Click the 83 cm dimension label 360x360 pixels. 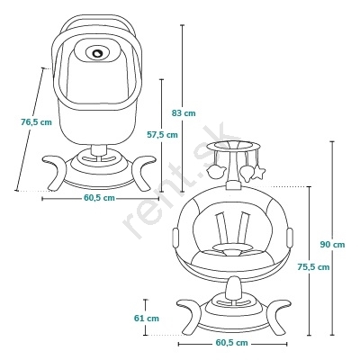click(184, 113)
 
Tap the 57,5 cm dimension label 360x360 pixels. click(162, 135)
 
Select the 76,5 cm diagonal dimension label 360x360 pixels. click(36, 122)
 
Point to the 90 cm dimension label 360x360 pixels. click(332, 245)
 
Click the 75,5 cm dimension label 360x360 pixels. click(313, 266)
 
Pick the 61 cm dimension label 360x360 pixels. click(147, 319)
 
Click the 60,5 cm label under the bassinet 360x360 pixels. click(99, 198)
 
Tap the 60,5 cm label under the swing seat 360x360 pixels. click(232, 343)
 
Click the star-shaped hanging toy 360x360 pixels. click(258, 174)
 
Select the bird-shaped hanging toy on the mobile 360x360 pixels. click(215, 172)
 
